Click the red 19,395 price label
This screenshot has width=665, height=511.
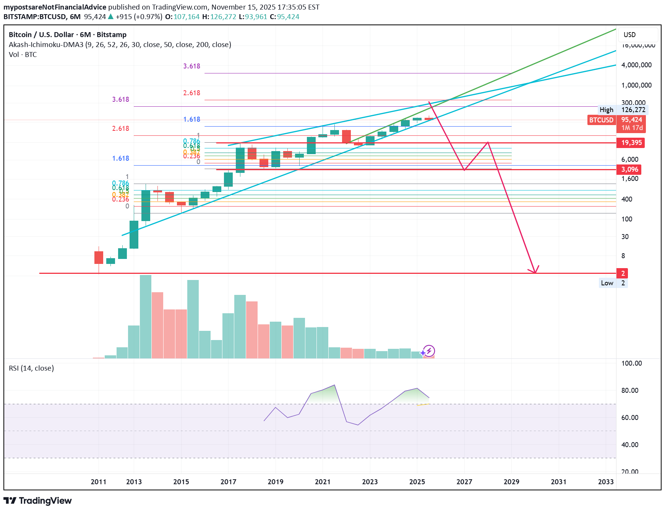point(631,143)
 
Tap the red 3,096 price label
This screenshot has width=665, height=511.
point(629,169)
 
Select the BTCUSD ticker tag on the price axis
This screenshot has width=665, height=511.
point(601,120)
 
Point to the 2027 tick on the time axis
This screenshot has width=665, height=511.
point(464,482)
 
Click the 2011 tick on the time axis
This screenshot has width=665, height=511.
point(99,482)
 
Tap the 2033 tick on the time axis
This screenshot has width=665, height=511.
point(606,482)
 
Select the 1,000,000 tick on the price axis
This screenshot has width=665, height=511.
point(636,85)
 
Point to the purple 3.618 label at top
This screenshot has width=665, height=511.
point(191,66)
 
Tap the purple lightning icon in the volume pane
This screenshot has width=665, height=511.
point(429,351)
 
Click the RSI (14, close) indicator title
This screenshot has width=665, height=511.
point(31,368)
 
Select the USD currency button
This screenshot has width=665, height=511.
point(629,35)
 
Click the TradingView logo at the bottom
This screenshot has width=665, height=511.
point(37,501)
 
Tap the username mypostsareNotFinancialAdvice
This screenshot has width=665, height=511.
point(55,7)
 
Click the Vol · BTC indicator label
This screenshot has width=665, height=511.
point(23,55)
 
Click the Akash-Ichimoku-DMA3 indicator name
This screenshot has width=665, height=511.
point(46,45)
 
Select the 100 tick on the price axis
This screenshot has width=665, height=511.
point(627,219)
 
